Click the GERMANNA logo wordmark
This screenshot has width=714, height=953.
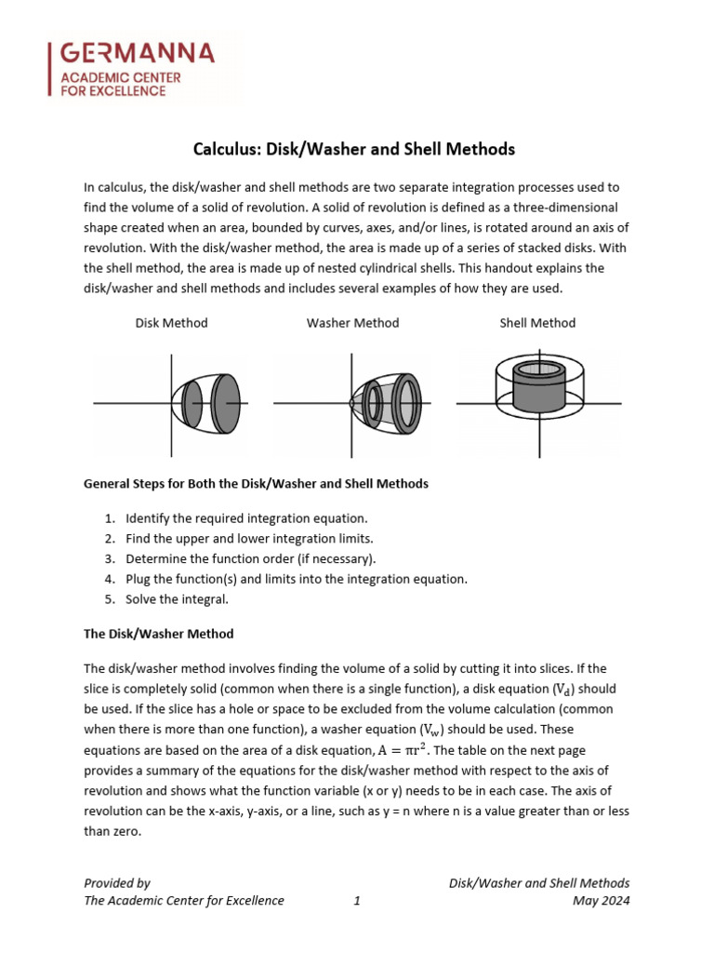(137, 53)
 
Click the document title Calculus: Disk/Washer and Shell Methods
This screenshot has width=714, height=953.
(353, 149)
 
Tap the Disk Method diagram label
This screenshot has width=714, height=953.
(171, 323)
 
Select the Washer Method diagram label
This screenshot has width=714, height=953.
(352, 323)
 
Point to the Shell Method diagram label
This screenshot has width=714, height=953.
(537, 323)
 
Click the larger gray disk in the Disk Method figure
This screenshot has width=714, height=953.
(226, 402)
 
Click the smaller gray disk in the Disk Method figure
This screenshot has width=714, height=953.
(192, 402)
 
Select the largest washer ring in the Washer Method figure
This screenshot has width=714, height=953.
(407, 402)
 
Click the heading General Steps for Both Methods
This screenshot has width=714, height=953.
(256, 484)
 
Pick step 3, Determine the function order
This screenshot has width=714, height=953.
(250, 558)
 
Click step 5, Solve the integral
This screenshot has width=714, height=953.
(177, 599)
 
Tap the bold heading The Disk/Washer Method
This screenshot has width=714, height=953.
(158, 634)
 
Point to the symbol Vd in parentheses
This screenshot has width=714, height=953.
(563, 691)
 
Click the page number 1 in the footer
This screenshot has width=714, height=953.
(357, 900)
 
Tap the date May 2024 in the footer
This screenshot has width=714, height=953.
(602, 900)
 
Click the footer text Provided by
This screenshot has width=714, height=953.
(117, 882)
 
